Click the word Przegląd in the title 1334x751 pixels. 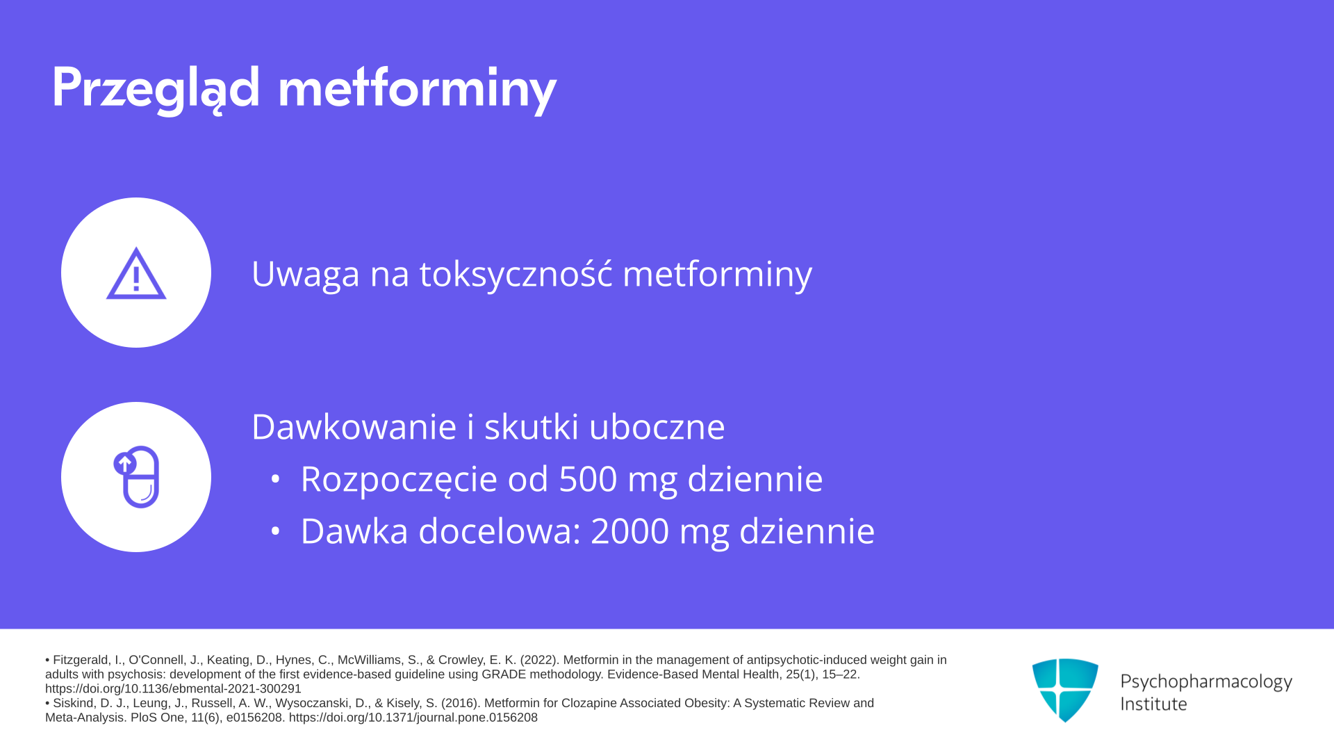coord(156,89)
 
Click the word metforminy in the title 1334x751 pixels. coord(417,89)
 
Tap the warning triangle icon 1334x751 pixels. coord(136,273)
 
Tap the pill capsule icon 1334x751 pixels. coord(136,477)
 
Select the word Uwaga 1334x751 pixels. coord(306,274)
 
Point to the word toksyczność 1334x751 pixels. coord(516,273)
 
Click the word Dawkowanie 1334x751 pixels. coord(354,426)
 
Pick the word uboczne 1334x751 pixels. coord(657,426)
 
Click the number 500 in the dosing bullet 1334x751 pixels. coord(588,479)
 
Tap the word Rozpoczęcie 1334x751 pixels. coord(399,480)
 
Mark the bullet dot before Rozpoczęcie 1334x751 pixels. coord(275,479)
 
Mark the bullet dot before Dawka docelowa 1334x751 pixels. coord(275,531)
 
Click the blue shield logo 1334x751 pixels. coord(1065,690)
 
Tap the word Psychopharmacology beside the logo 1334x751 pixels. coord(1206,682)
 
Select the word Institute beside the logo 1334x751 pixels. coord(1153,704)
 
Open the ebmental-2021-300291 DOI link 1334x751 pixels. coord(173,689)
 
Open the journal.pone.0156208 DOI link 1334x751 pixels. coord(413,718)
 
